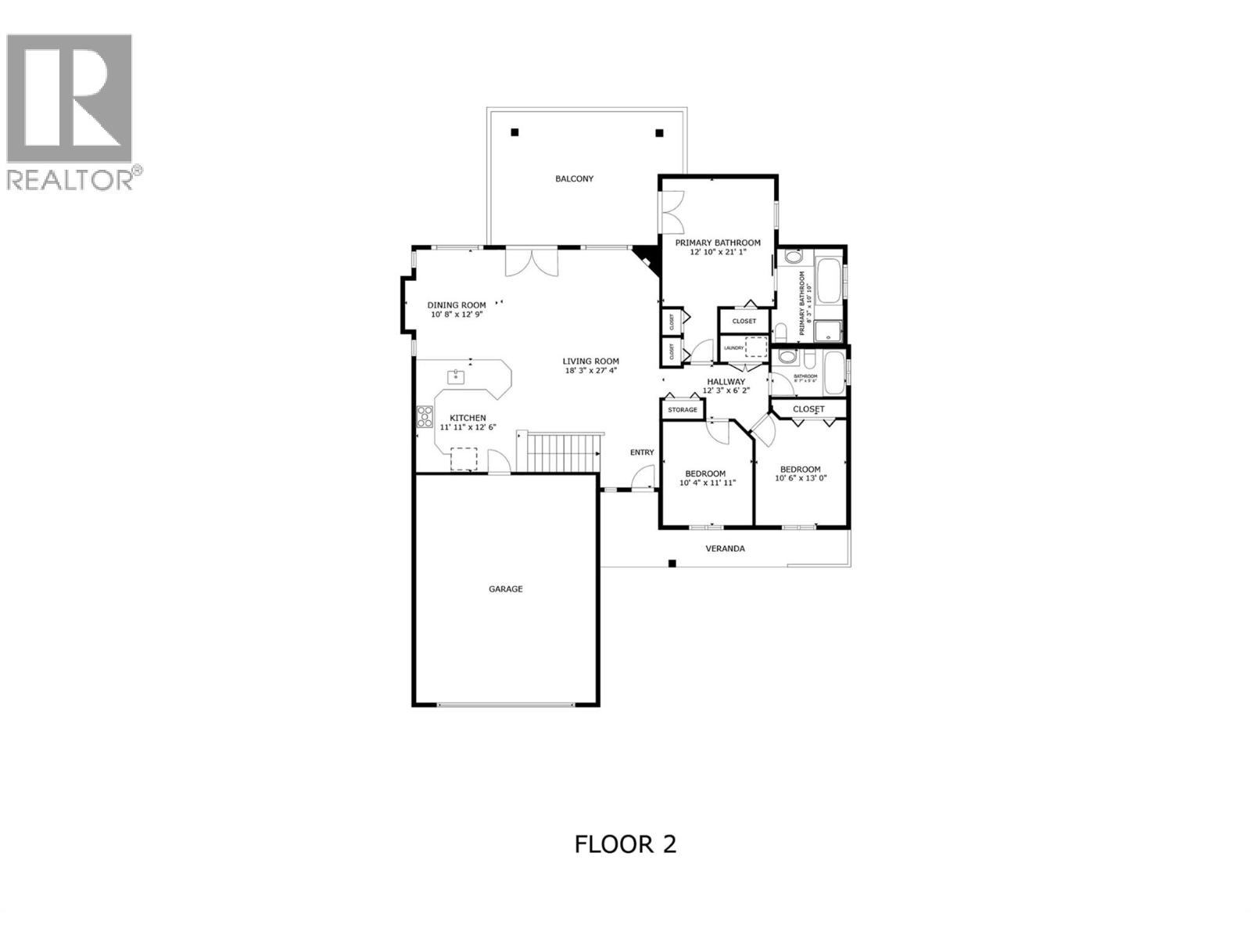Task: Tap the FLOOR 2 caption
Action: click(625, 844)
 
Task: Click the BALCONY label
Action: click(574, 178)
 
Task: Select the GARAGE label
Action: click(505, 588)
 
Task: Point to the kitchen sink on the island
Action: click(456, 377)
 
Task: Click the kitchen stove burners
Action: click(425, 416)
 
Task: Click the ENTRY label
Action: click(642, 452)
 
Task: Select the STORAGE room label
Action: click(682, 409)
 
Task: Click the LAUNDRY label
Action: click(733, 347)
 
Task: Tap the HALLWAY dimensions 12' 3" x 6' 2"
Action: click(726, 390)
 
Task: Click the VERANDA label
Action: click(725, 548)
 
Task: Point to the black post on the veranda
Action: click(672, 563)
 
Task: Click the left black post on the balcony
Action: click(514, 132)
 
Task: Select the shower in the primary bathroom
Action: click(828, 332)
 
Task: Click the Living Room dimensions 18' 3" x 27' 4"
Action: click(590, 370)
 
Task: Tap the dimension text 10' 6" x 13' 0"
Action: click(800, 477)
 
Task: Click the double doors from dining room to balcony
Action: click(532, 261)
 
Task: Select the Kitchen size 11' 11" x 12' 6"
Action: click(468, 427)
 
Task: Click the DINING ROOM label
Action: click(456, 305)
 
